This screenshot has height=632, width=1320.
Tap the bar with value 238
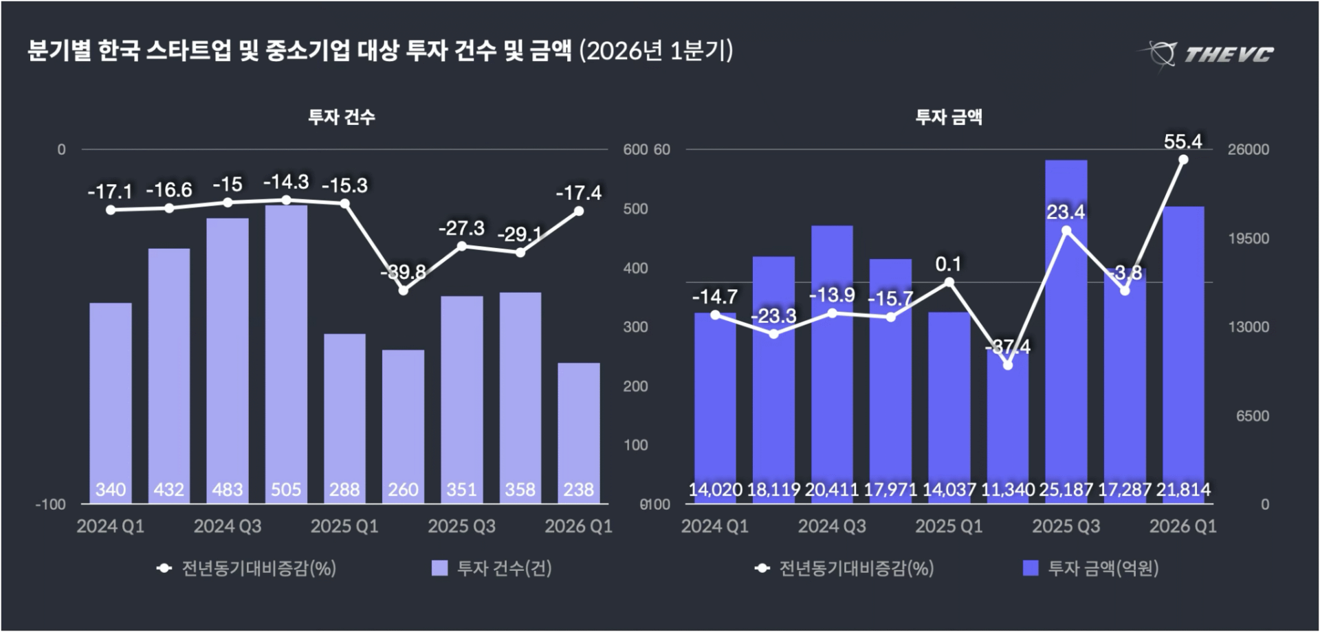pyautogui.click(x=578, y=433)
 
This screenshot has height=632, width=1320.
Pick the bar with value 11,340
pyautogui.click(x=1008, y=426)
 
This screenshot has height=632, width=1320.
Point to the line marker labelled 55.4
pyautogui.click(x=1183, y=159)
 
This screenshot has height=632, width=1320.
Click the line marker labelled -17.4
pyautogui.click(x=579, y=211)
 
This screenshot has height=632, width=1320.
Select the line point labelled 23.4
pyautogui.click(x=1066, y=231)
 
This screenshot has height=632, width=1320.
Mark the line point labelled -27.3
pyautogui.click(x=462, y=245)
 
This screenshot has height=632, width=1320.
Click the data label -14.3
pyautogui.click(x=286, y=182)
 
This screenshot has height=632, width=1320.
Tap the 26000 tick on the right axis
pyautogui.click(x=1248, y=150)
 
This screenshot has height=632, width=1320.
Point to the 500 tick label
pyautogui.click(x=635, y=209)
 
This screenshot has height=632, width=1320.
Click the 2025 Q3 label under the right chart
pyautogui.click(x=1066, y=526)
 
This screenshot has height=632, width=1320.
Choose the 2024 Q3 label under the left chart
pyautogui.click(x=228, y=526)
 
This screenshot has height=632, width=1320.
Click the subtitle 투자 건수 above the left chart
pyautogui.click(x=342, y=117)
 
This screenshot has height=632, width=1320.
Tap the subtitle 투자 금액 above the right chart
pyautogui.click(x=949, y=117)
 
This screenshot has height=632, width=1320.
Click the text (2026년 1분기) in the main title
pyautogui.click(x=656, y=52)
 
